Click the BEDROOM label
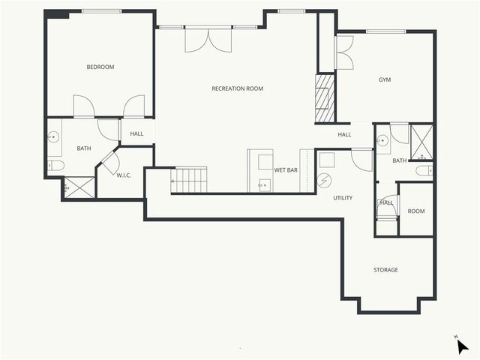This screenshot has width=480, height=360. tap(100, 67)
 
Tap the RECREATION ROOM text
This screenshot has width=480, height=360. tap(237, 88)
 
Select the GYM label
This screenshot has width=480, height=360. tap(385, 79)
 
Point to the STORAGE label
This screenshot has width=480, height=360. tap(385, 270)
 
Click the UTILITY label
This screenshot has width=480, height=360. tap(343, 198)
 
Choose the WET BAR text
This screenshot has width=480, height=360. tap(286, 170)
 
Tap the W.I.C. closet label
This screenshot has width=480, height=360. tap(123, 175)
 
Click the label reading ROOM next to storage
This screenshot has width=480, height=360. tap(415, 211)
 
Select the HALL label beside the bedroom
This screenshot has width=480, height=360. tap(136, 134)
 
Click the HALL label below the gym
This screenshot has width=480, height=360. tap(344, 135)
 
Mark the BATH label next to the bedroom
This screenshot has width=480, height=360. tap(83, 148)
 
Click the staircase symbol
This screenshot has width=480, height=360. tap(189, 179)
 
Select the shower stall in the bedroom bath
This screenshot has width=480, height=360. tap(78, 187)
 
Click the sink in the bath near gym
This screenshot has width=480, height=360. tap(382, 139)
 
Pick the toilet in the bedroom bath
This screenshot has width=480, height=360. tap(54, 166)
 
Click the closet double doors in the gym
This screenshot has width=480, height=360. tap(343, 52)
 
